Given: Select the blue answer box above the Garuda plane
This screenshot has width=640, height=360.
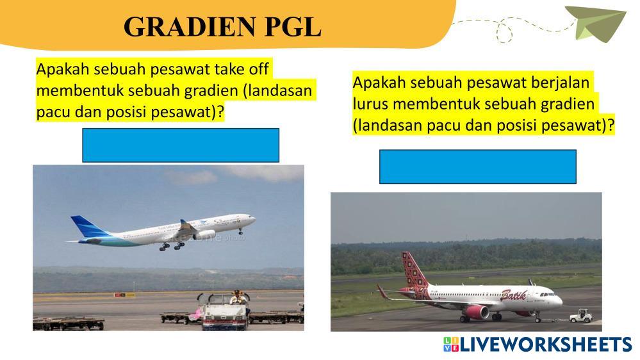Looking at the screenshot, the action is [x=181, y=145].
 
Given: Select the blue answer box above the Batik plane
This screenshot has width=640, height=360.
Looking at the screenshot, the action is [x=478, y=167].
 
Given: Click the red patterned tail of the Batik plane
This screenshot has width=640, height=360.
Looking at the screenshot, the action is [x=414, y=272].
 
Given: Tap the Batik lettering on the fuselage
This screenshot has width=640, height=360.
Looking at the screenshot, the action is [x=513, y=295].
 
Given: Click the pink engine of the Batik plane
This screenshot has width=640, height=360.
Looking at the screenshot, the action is [x=477, y=312].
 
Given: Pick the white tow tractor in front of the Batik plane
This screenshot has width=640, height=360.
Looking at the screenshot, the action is [x=581, y=315].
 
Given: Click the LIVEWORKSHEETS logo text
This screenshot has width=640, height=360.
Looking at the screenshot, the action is [x=546, y=345].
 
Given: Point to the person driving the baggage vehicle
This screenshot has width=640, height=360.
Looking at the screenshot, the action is [x=236, y=298].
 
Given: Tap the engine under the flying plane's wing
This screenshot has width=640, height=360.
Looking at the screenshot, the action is [x=204, y=234].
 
